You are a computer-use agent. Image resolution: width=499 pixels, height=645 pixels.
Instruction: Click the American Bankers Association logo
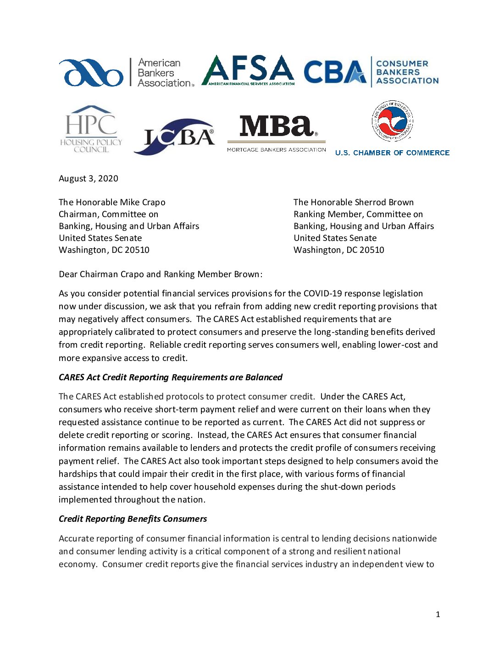(126, 72)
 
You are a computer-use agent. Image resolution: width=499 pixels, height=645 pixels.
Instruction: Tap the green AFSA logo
(248, 71)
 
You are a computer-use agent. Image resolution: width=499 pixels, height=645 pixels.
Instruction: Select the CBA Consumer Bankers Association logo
(371, 72)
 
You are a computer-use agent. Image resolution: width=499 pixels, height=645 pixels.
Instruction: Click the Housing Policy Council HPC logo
(91, 129)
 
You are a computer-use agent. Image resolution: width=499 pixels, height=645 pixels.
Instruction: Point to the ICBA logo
(174, 137)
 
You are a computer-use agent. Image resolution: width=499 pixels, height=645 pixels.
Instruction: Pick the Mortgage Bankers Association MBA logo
(276, 133)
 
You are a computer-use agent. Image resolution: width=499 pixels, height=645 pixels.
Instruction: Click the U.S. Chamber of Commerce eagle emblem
(392, 121)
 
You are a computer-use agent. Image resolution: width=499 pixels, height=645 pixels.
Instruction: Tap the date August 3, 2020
(89, 179)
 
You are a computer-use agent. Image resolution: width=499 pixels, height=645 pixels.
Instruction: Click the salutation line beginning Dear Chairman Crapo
(161, 274)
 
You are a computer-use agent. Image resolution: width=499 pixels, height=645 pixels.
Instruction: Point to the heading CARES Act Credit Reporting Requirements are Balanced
(170, 377)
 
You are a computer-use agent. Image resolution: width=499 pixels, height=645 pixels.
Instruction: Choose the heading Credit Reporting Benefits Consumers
(133, 519)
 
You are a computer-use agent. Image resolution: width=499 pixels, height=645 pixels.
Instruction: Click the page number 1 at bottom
(438, 615)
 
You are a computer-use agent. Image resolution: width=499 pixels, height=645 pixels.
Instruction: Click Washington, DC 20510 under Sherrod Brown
(338, 250)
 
